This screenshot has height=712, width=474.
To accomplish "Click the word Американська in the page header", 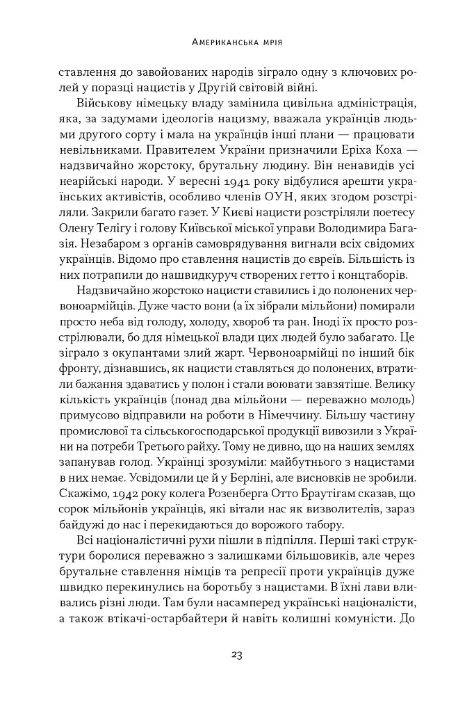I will [220, 42].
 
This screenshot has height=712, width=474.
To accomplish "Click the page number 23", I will [236, 654].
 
